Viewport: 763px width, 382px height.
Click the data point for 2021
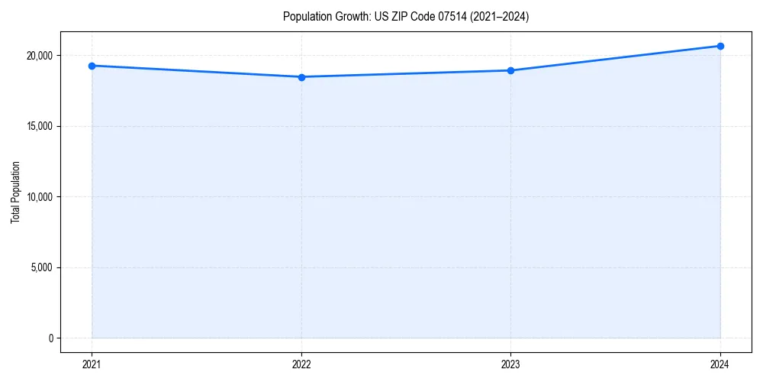[x=92, y=66]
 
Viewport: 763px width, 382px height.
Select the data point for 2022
[x=301, y=77]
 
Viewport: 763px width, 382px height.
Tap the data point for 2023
[x=510, y=70]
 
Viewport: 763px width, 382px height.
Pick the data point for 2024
[x=720, y=46]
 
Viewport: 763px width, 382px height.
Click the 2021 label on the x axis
[x=92, y=364]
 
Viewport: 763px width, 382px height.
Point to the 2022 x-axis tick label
[x=301, y=364]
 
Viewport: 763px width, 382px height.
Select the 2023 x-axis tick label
[x=510, y=364]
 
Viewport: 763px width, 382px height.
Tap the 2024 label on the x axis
[x=720, y=364]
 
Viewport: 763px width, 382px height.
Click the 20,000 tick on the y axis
[x=38, y=56]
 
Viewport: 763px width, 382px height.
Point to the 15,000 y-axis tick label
[x=38, y=126]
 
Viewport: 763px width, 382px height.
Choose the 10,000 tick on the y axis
[x=38, y=197]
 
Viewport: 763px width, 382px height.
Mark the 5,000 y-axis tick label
[x=40, y=267]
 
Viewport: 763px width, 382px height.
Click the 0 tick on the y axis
[x=50, y=338]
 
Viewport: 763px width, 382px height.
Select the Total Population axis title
[x=15, y=192]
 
